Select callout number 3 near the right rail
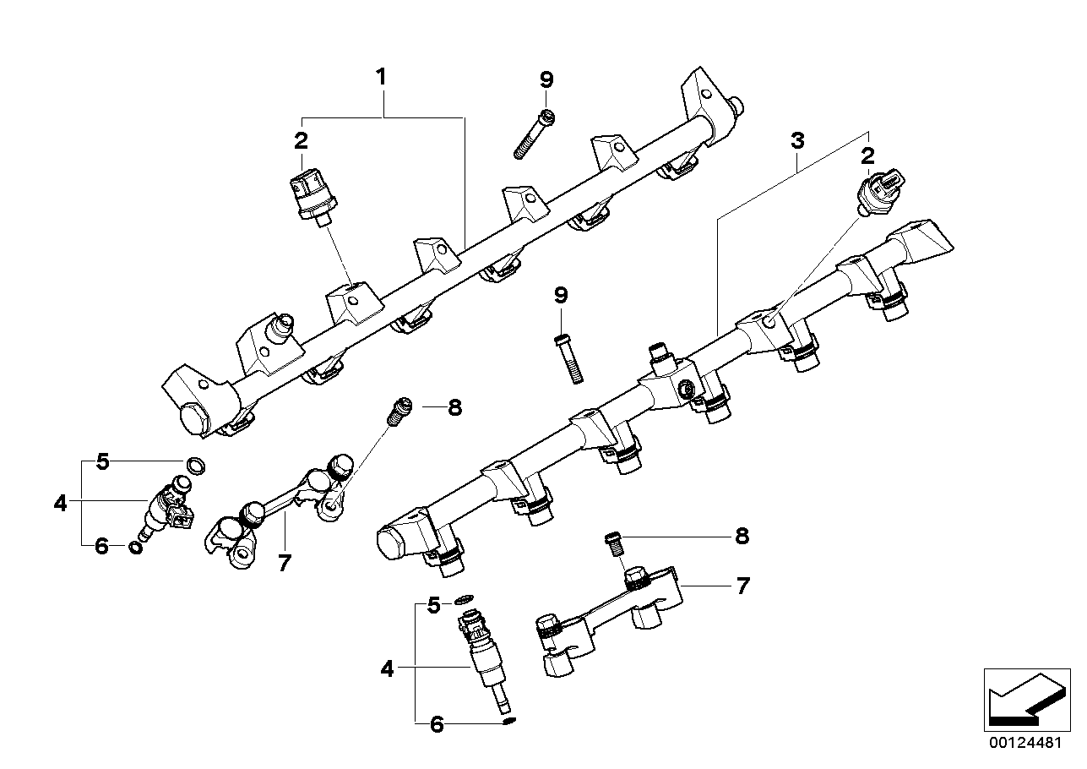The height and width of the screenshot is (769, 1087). [796, 142]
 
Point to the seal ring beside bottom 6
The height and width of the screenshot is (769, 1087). [508, 721]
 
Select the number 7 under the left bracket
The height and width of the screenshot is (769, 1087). [284, 563]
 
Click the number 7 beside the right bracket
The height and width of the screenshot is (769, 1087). [742, 586]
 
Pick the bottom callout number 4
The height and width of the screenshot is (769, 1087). [387, 669]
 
